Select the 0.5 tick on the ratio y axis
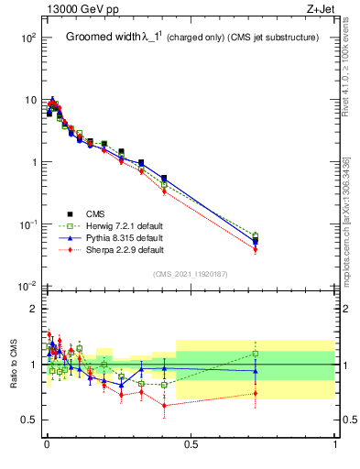pyautogui.click(x=32, y=420)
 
